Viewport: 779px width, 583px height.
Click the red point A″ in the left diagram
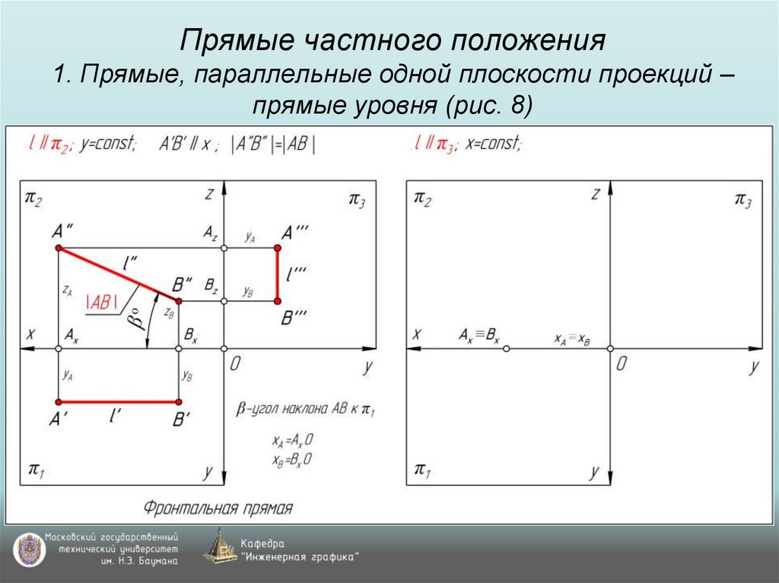tap(59, 249)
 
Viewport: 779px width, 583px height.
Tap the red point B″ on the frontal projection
tap(179, 302)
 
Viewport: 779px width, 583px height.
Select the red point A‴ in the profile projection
tap(277, 249)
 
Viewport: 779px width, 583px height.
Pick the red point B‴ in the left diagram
tap(277, 302)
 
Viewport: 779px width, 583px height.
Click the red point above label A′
tap(59, 401)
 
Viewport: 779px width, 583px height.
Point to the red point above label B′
tap(179, 401)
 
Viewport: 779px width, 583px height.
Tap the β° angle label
tap(136, 319)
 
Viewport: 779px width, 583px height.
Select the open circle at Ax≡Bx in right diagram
tap(507, 348)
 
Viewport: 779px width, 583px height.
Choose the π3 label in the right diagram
tap(742, 199)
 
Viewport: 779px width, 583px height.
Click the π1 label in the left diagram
tap(36, 467)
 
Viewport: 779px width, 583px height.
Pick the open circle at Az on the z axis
tap(223, 249)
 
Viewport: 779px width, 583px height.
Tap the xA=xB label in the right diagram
tap(572, 340)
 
